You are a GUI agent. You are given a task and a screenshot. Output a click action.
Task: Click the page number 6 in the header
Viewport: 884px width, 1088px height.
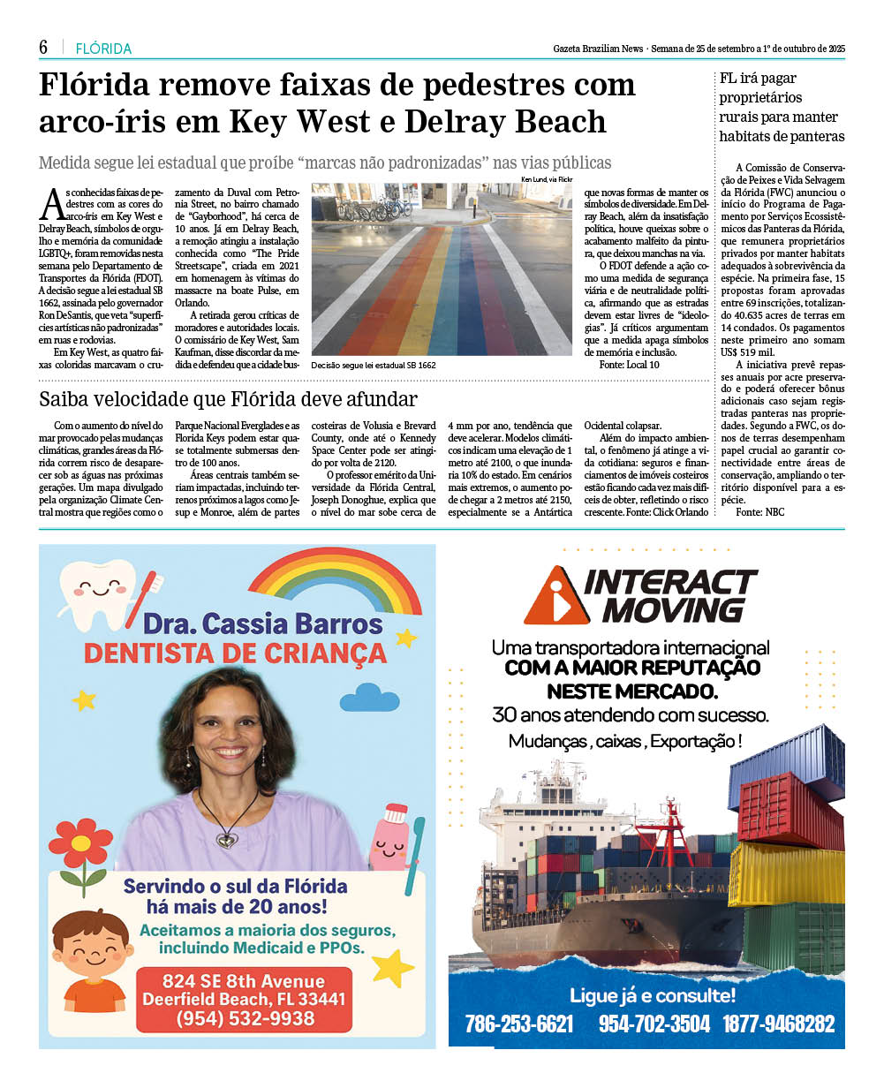click(x=43, y=48)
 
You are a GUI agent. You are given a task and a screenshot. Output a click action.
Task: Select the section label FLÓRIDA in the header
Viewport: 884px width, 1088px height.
click(x=103, y=49)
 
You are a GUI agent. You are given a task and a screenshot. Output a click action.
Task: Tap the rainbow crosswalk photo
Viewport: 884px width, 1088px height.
click(x=442, y=268)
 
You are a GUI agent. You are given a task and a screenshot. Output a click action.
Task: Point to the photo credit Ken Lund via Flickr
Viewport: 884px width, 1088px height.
click(x=547, y=179)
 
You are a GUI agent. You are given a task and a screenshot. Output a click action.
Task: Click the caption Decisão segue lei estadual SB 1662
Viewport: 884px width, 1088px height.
click(x=374, y=364)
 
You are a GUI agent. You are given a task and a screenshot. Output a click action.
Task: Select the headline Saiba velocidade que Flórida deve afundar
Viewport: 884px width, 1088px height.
click(x=228, y=398)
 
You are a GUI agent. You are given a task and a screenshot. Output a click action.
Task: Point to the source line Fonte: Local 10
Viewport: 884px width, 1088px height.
click(x=629, y=364)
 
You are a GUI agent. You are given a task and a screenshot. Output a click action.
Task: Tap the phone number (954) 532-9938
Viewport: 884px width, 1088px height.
click(x=245, y=1018)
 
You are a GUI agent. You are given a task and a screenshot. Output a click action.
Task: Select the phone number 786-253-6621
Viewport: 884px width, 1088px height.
click(x=519, y=1024)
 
